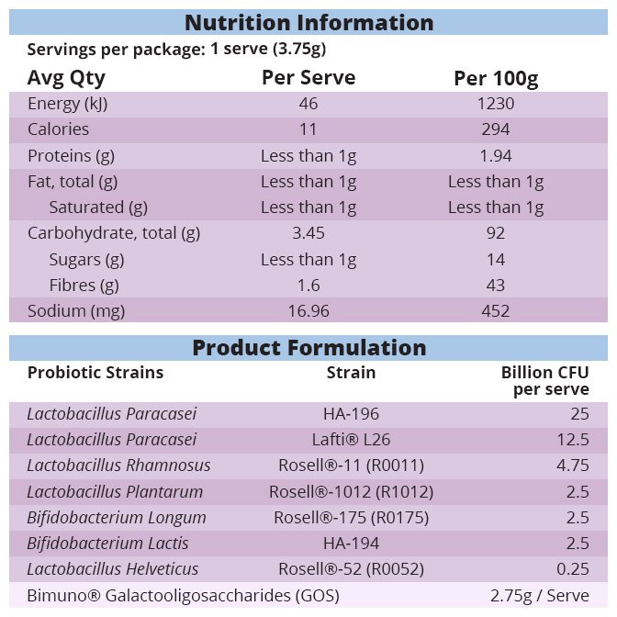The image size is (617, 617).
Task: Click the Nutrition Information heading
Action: (308, 22)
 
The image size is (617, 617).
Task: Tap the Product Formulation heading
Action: (308, 348)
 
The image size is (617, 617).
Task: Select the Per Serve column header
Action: (308, 77)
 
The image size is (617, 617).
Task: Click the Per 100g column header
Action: (496, 78)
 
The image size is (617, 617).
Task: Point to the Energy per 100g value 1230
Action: (496, 104)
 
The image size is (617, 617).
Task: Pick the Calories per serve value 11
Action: (308, 129)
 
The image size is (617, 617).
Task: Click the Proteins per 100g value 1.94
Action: (496, 155)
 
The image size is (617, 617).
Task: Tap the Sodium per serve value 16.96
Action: (308, 311)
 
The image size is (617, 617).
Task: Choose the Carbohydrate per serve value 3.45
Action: (308, 233)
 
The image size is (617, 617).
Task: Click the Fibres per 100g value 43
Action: (496, 286)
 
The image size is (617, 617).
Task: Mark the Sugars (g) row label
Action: (86, 260)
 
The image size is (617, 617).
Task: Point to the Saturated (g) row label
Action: (98, 208)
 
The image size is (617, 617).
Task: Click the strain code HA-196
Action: (351, 414)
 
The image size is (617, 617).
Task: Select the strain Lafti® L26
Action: (351, 440)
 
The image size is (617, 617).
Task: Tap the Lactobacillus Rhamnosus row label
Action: (118, 466)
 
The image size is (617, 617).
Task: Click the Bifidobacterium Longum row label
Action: (117, 517)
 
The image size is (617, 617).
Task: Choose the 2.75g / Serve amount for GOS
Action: (540, 596)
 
